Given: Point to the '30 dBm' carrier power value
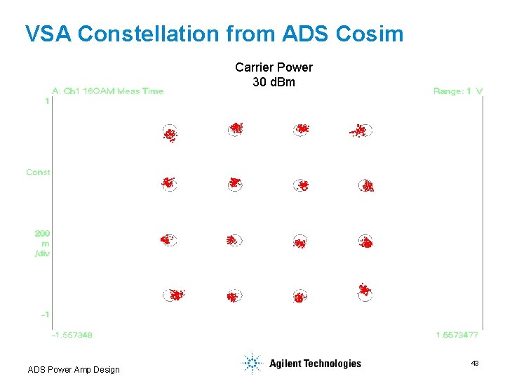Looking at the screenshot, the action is (274, 82).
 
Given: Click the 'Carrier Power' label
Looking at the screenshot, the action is (274, 67).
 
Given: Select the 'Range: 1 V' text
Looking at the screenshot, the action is (458, 91).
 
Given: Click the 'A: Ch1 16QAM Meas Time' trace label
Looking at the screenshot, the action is (108, 91).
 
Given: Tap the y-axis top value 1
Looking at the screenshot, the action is (47, 102).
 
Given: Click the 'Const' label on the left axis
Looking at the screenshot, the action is (38, 172).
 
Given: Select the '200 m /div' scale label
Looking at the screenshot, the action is (42, 243).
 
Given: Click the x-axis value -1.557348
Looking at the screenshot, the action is (72, 335).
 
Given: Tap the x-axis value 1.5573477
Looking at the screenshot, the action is (457, 335).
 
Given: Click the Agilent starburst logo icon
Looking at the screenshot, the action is (251, 363).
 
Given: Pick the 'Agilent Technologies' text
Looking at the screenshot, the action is (315, 364).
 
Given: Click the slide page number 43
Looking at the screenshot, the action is (475, 364).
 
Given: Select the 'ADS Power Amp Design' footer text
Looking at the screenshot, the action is (74, 370).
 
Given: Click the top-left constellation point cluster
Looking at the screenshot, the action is (170, 133).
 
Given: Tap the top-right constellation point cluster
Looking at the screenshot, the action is (361, 131).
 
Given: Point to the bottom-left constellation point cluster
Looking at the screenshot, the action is (174, 295).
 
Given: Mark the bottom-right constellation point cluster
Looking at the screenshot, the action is (364, 290).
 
